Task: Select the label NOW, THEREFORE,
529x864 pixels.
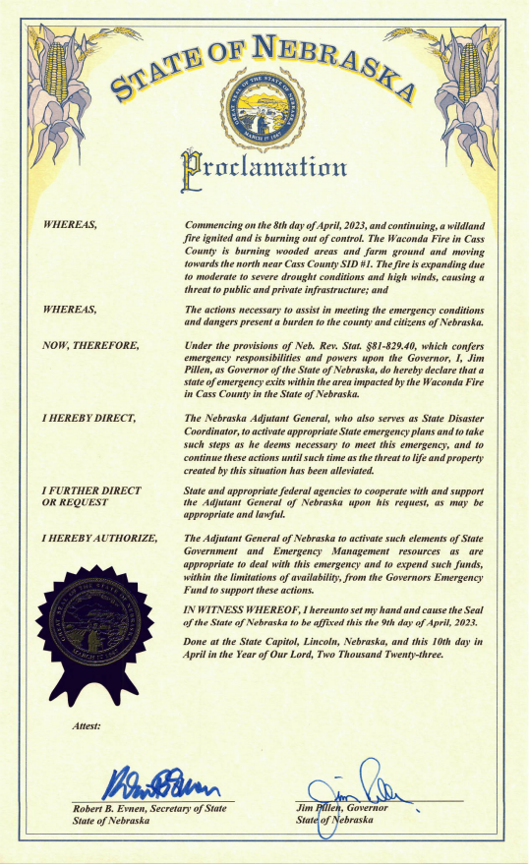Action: click(x=90, y=346)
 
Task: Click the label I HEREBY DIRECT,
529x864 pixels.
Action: click(x=88, y=419)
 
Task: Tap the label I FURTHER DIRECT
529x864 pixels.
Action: click(x=90, y=490)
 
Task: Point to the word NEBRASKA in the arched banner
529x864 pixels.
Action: click(x=335, y=58)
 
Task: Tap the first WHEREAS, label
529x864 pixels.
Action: click(x=70, y=226)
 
